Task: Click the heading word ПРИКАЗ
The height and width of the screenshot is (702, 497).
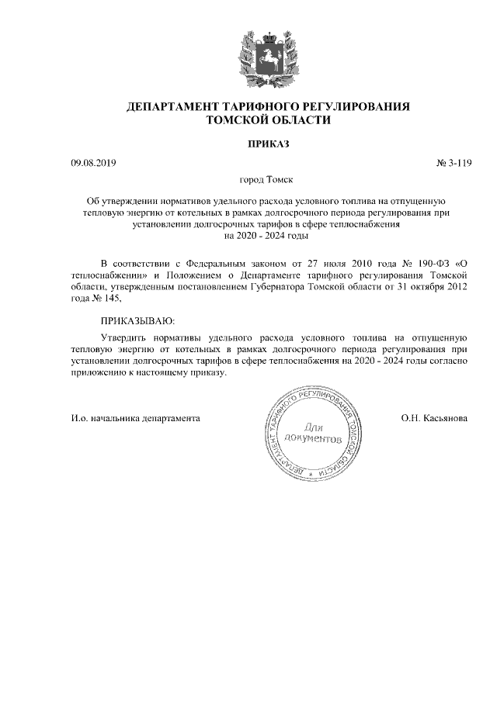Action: click(267, 144)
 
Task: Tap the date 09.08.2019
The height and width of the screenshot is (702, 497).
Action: click(92, 163)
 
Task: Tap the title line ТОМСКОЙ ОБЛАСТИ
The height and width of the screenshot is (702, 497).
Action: click(267, 120)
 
